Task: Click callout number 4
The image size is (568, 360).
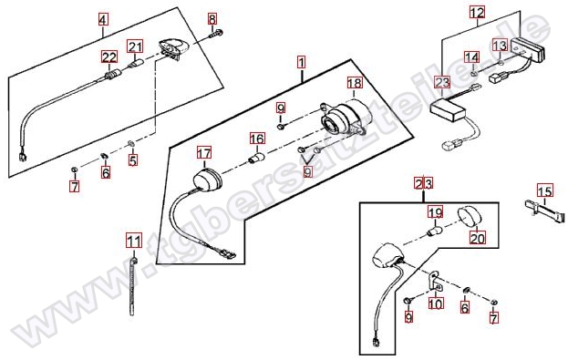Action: (103, 19)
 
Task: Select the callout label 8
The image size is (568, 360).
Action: (212, 19)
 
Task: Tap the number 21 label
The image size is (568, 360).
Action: (135, 46)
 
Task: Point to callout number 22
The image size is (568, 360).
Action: (109, 57)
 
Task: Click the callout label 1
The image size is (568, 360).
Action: (302, 62)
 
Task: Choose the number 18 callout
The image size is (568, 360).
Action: (355, 83)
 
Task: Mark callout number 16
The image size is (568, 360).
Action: (257, 139)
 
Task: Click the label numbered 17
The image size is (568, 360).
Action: (204, 153)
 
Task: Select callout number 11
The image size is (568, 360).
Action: (134, 241)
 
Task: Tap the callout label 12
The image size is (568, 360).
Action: (477, 13)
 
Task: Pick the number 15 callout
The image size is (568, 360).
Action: (545, 190)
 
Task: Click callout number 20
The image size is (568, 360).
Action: (478, 238)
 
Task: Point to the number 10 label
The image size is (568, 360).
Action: (436, 303)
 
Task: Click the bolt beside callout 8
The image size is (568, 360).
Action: (216, 34)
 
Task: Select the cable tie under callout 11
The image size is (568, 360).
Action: (132, 286)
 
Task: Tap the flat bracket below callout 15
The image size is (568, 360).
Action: (545, 211)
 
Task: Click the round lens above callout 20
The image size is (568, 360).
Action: (470, 217)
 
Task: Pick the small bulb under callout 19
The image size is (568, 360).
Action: (435, 231)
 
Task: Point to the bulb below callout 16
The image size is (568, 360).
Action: (256, 159)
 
